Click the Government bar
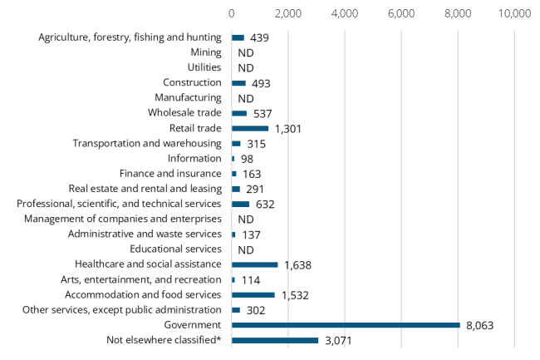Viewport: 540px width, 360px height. pos(346,325)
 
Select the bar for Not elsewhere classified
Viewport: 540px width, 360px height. pos(275,340)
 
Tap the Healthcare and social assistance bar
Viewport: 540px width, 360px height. pos(254,264)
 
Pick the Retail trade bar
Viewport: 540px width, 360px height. pos(250,128)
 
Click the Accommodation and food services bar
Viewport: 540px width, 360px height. pos(253,294)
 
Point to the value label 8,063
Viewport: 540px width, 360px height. pos(479,325)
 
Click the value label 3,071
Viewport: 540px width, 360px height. pos(338,340)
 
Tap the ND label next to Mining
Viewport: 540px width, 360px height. pos(245,52)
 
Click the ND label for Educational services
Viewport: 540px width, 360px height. pos(245,249)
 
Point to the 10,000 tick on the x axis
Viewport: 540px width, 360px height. pos(514,13)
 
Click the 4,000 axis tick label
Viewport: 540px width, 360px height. pos(344,13)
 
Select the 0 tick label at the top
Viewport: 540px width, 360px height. pos(231,13)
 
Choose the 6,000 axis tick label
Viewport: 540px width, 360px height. pos(401,13)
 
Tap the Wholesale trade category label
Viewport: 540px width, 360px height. pos(184,113)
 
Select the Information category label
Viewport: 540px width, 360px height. pos(194,158)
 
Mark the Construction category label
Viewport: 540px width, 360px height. pos(192,82)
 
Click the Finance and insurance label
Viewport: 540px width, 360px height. pos(170,173)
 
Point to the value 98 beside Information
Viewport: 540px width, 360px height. pos(247,158)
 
